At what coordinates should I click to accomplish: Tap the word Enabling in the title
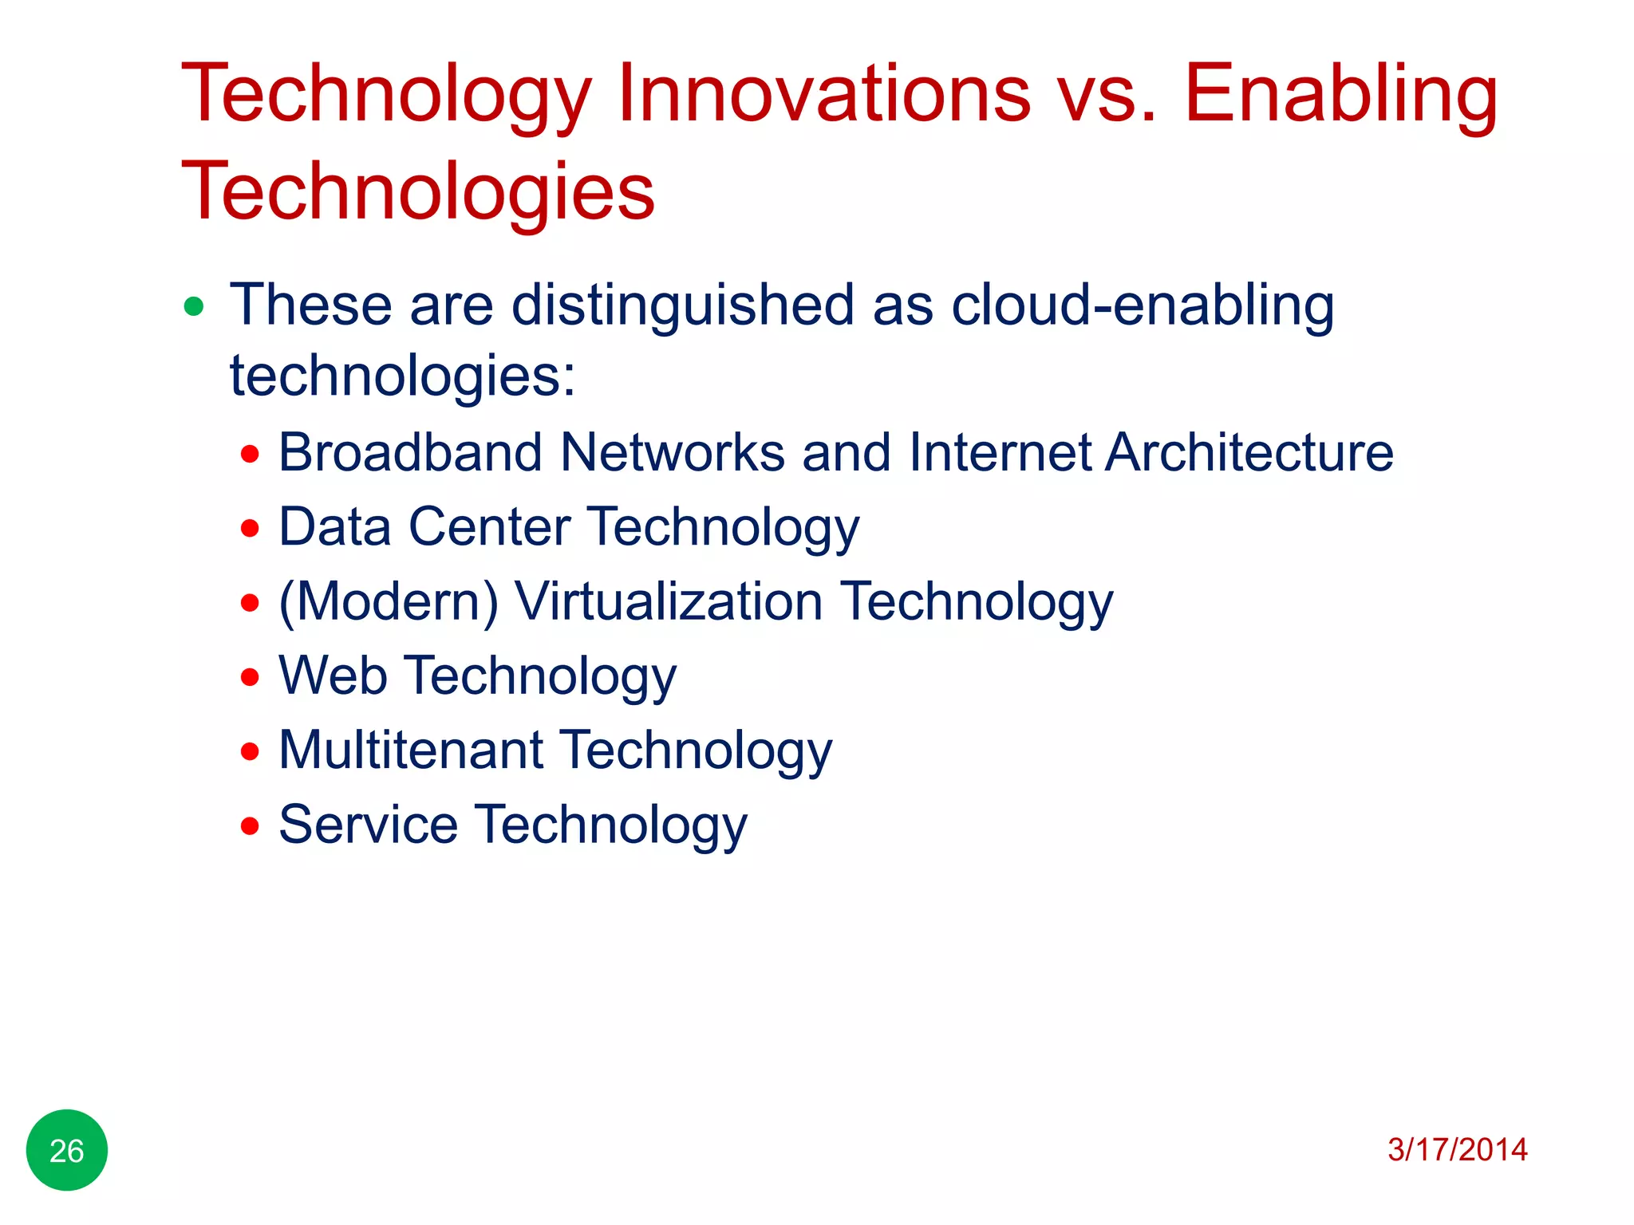[1340, 96]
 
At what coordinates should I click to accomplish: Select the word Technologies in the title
[418, 192]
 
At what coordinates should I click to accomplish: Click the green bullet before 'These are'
[194, 306]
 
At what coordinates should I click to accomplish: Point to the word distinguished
[683, 306]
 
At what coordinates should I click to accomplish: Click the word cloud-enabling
[1143, 306]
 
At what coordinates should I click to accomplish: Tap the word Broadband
[410, 453]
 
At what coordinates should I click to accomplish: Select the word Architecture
[1249, 453]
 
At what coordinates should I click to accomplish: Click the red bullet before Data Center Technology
[251, 528]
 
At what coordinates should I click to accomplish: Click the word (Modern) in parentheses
[389, 601]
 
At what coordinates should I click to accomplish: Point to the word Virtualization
[669, 601]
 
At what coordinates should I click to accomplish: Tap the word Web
[333, 676]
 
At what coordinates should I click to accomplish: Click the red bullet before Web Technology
[251, 677]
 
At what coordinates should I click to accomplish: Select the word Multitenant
[411, 750]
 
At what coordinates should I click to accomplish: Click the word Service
[368, 825]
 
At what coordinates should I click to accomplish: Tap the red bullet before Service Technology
[251, 825]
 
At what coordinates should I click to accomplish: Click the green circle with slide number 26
[67, 1150]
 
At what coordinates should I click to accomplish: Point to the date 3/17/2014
[1457, 1150]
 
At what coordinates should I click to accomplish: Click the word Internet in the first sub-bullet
[1001, 453]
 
